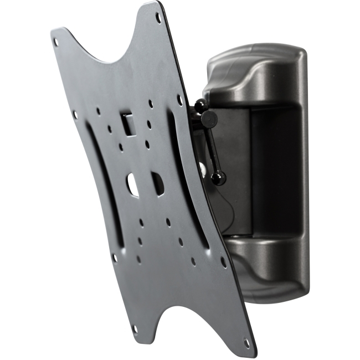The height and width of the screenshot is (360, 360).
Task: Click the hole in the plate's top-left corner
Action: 56,38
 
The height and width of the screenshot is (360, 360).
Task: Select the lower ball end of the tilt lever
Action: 220,177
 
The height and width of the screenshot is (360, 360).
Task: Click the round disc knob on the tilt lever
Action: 208,117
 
